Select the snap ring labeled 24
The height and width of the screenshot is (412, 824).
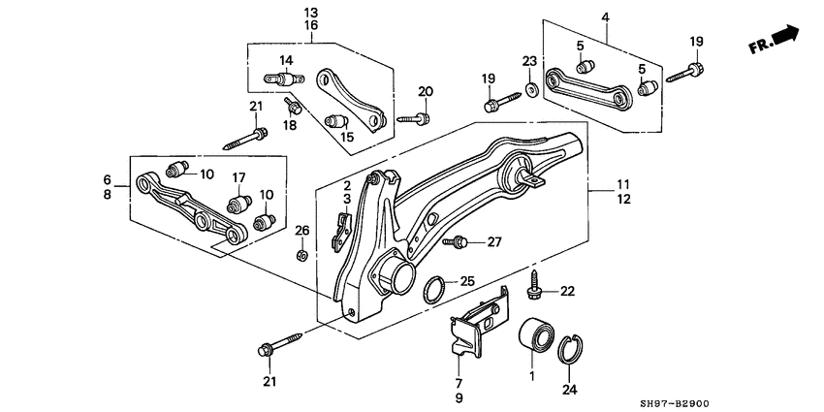tap(572, 348)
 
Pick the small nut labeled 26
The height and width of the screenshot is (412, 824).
tap(302, 256)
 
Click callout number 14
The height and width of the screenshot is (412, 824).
tap(286, 60)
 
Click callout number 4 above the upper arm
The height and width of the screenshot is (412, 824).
tap(605, 16)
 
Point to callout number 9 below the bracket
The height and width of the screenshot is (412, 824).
tap(459, 397)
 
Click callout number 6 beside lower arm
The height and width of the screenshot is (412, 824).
tap(108, 179)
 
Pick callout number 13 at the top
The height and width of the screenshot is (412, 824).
tap(310, 12)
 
